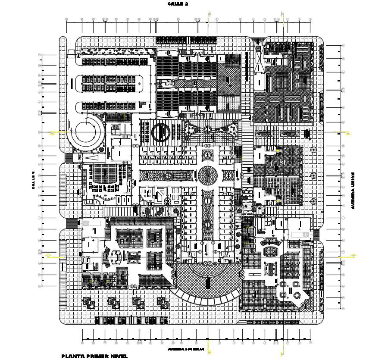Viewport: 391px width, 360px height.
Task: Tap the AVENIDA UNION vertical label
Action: tap(353, 191)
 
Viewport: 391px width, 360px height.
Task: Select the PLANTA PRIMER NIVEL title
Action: tap(94, 356)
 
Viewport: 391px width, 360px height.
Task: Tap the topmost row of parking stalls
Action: tap(110, 62)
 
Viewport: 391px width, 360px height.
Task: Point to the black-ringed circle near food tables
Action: tap(160, 131)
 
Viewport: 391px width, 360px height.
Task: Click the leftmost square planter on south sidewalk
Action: tap(88, 302)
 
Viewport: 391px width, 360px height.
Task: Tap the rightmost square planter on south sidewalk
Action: tap(162, 302)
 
